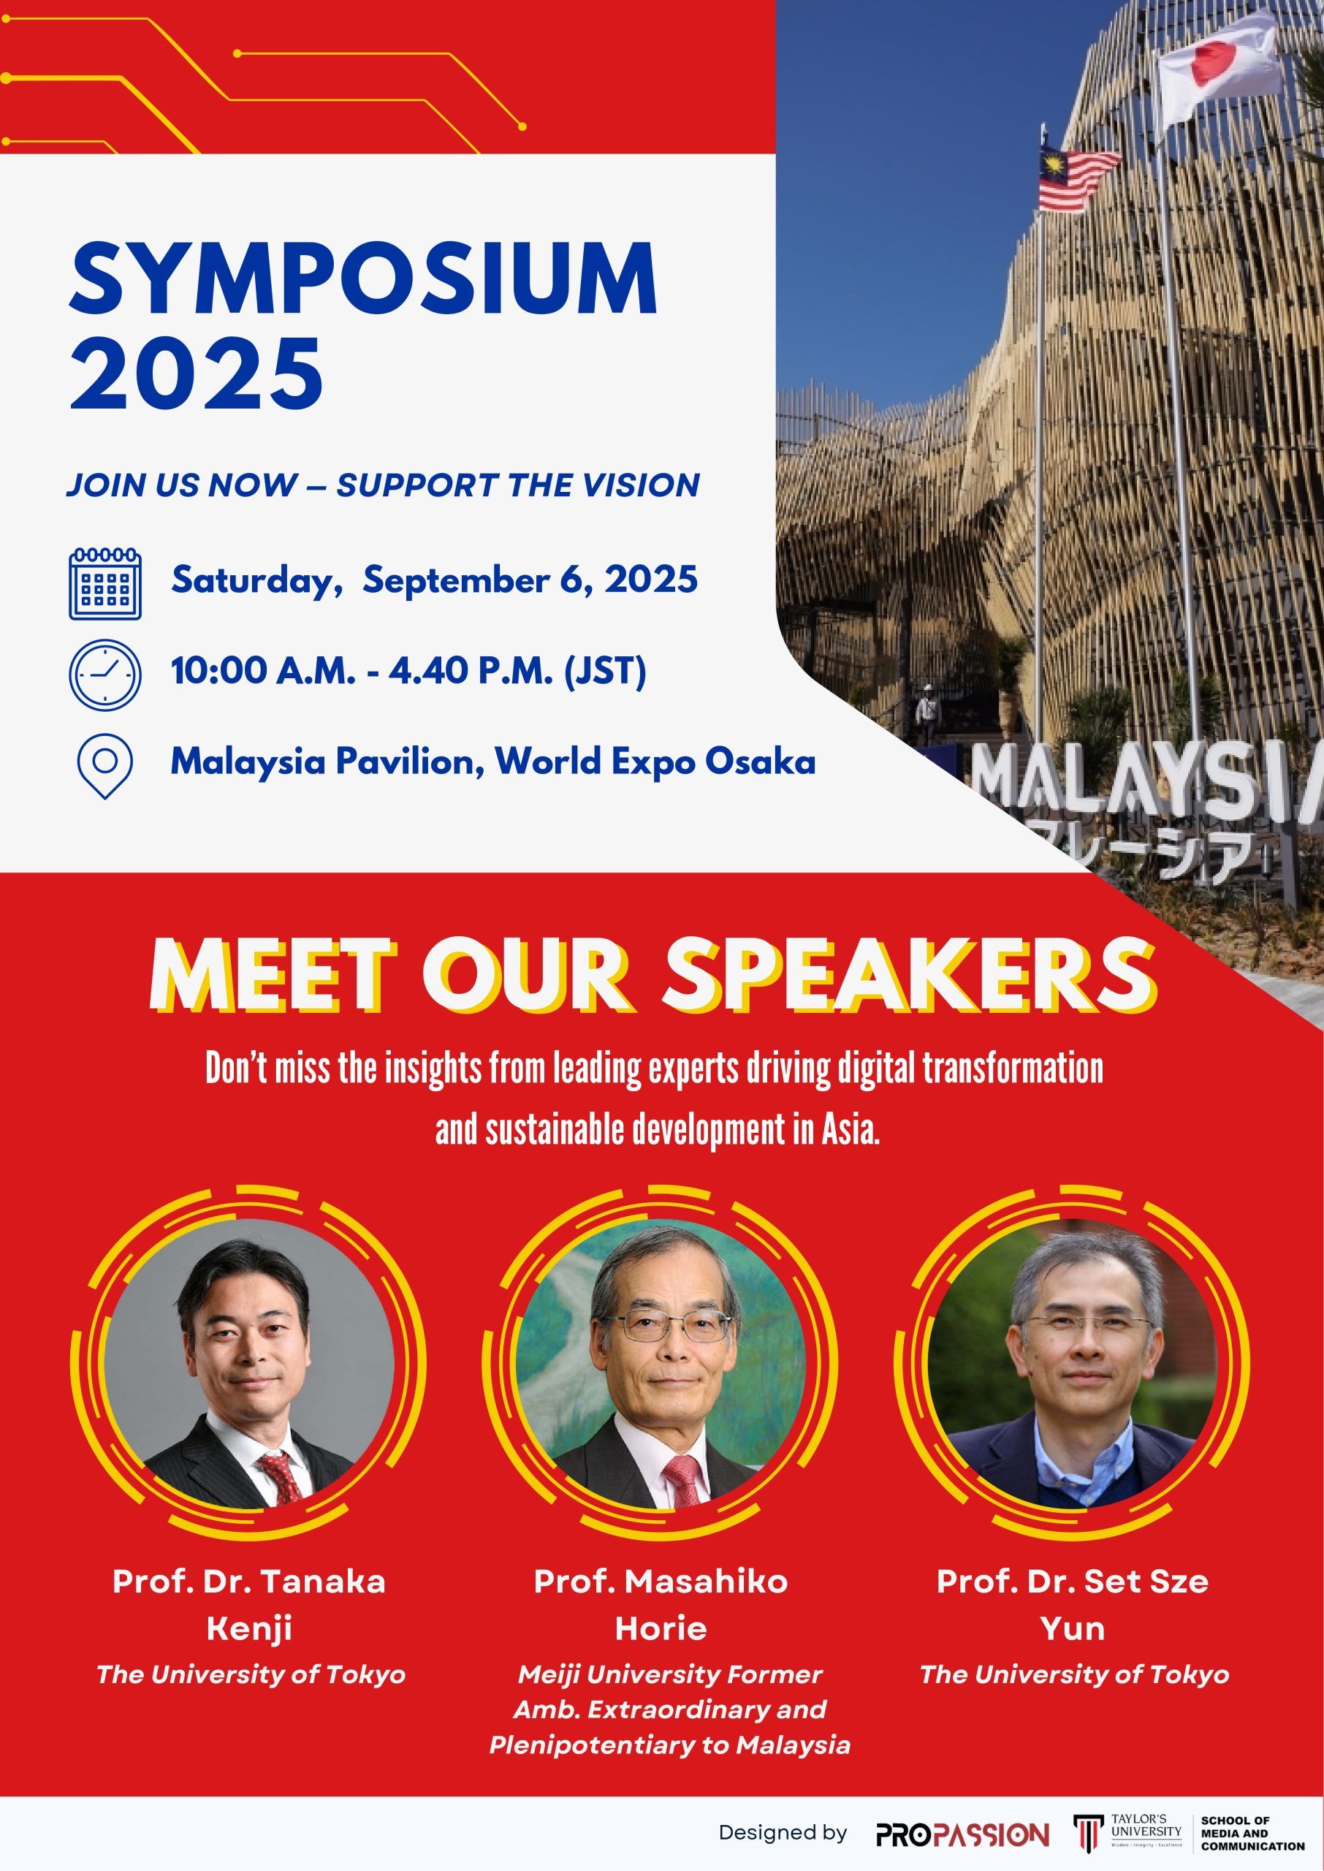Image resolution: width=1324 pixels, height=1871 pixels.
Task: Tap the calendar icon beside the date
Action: [105, 583]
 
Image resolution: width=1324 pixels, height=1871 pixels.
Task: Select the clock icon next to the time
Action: [105, 674]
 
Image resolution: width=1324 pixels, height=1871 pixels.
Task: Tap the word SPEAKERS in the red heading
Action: [909, 977]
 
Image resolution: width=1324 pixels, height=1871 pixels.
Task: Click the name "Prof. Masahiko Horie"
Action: [661, 1604]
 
